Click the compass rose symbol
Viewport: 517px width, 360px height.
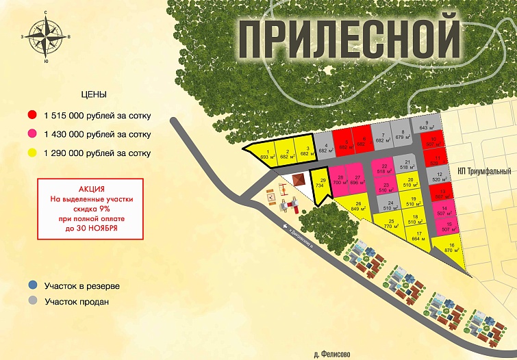pyautogui.click(x=46, y=37)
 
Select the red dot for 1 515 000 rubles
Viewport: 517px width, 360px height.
pyautogui.click(x=31, y=116)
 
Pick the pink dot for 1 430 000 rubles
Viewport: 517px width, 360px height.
pyautogui.click(x=31, y=134)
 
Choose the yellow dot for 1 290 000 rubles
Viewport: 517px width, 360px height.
pyautogui.click(x=31, y=153)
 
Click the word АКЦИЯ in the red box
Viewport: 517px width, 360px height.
pyautogui.click(x=90, y=188)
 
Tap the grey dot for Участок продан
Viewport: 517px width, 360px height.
pyautogui.click(x=31, y=301)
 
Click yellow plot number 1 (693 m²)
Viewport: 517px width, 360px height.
pyautogui.click(x=264, y=155)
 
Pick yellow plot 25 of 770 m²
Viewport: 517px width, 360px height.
pyautogui.click(x=391, y=224)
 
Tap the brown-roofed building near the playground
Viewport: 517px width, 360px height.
pyautogui.click(x=298, y=179)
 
